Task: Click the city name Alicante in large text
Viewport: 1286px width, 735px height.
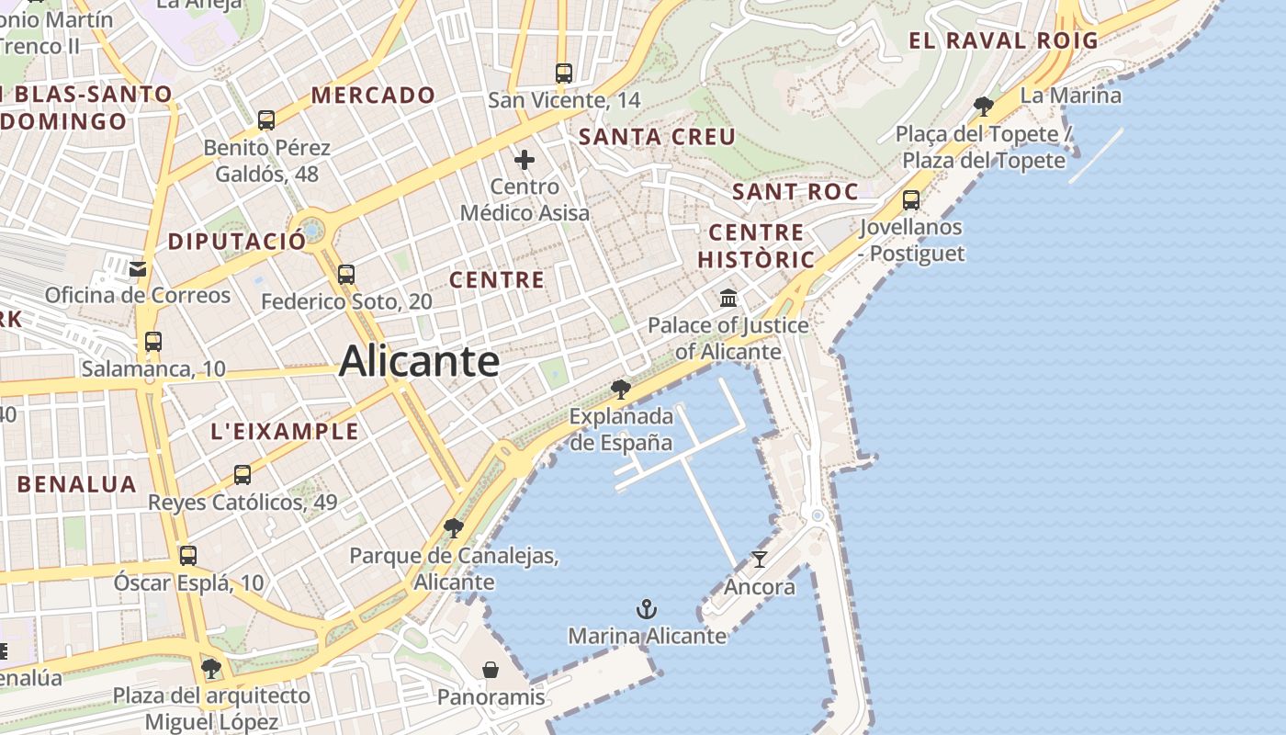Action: tap(419, 361)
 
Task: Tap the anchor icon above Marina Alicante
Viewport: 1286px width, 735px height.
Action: tap(647, 609)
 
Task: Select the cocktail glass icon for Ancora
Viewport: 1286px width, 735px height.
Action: tap(760, 559)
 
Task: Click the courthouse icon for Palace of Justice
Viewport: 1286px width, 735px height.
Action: tap(728, 298)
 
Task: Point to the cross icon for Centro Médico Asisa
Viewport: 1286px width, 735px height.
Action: tap(525, 160)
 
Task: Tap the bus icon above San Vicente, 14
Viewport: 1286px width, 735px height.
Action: tap(564, 73)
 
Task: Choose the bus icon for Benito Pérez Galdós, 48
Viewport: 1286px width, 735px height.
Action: tap(266, 119)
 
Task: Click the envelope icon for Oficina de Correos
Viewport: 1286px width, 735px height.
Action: tap(138, 269)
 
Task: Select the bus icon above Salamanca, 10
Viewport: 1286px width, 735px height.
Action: tap(152, 342)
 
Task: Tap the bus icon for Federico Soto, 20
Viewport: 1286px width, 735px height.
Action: tap(345, 274)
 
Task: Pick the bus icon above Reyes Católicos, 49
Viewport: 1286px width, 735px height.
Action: tap(243, 475)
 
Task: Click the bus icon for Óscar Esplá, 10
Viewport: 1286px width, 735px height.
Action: tap(188, 555)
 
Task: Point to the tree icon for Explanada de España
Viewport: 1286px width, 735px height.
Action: tap(621, 390)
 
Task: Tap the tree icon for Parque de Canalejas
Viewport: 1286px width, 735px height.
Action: tap(453, 528)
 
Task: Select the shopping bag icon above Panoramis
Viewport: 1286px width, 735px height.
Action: tap(491, 670)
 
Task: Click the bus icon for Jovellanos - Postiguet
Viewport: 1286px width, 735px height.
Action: tap(911, 199)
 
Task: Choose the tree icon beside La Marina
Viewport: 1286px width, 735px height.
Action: tap(983, 106)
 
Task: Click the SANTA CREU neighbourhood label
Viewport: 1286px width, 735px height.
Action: tap(657, 138)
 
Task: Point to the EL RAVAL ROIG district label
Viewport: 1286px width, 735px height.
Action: tap(1003, 40)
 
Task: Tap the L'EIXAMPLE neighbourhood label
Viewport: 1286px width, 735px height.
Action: tap(285, 432)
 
